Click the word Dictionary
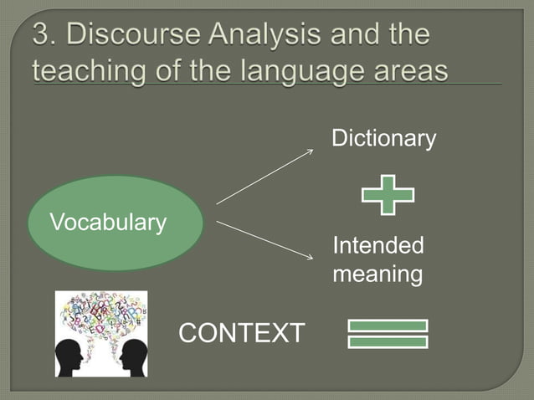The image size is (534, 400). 383,139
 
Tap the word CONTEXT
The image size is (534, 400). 242,333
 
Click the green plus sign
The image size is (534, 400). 387,195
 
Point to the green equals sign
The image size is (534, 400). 387,333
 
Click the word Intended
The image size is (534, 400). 377,247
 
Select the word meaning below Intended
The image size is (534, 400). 377,274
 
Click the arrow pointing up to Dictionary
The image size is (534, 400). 264,177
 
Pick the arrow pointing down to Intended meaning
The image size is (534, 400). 264,238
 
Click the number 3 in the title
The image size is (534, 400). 42,38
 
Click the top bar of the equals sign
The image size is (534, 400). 387,326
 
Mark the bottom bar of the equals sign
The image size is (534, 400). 387,341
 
